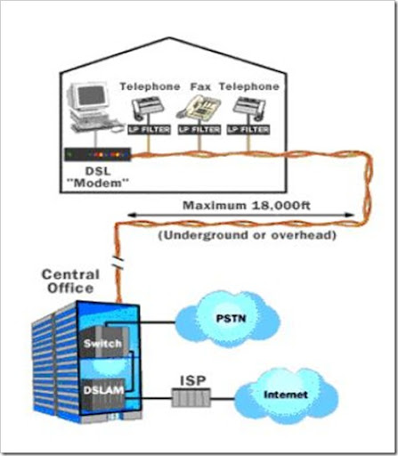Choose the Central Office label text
tap(70, 281)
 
